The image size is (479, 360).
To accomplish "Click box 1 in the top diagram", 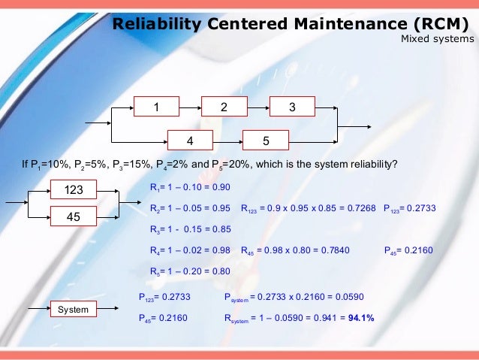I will click(x=156, y=107).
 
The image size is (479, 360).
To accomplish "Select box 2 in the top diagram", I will click(x=224, y=107).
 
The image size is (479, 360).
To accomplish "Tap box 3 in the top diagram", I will click(x=292, y=107).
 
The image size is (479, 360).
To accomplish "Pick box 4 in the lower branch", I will click(x=190, y=140).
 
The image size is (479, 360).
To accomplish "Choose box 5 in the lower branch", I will click(x=266, y=140).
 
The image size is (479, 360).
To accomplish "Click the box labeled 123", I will click(x=74, y=190).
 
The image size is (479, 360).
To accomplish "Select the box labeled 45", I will click(x=74, y=217).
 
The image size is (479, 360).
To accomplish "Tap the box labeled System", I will click(x=74, y=310).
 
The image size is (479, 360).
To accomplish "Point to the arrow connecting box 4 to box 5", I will click(x=227, y=140).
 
